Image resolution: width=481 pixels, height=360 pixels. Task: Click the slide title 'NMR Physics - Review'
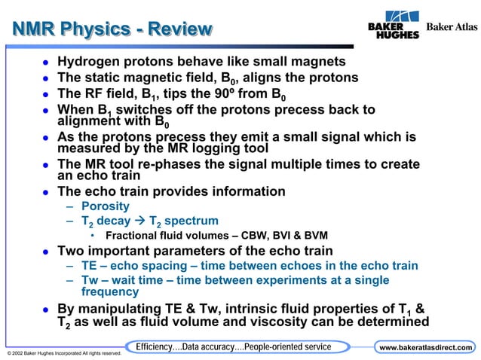(x=112, y=29)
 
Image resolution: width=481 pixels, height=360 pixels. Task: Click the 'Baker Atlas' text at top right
(x=452, y=27)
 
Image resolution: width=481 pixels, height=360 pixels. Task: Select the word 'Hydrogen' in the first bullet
(x=90, y=61)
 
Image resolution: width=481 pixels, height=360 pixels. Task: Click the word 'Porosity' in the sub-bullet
(x=105, y=206)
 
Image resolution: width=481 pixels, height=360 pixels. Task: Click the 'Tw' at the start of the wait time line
(x=90, y=280)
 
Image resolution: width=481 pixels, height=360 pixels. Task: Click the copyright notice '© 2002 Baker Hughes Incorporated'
(x=60, y=352)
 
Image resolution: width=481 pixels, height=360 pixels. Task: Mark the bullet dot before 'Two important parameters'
(x=46, y=252)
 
